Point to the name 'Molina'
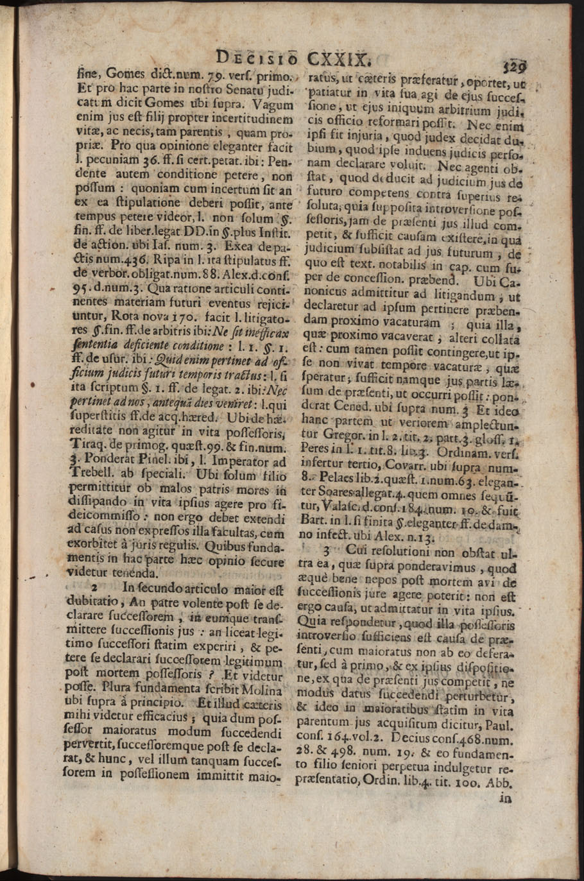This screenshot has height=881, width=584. (x=263, y=690)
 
